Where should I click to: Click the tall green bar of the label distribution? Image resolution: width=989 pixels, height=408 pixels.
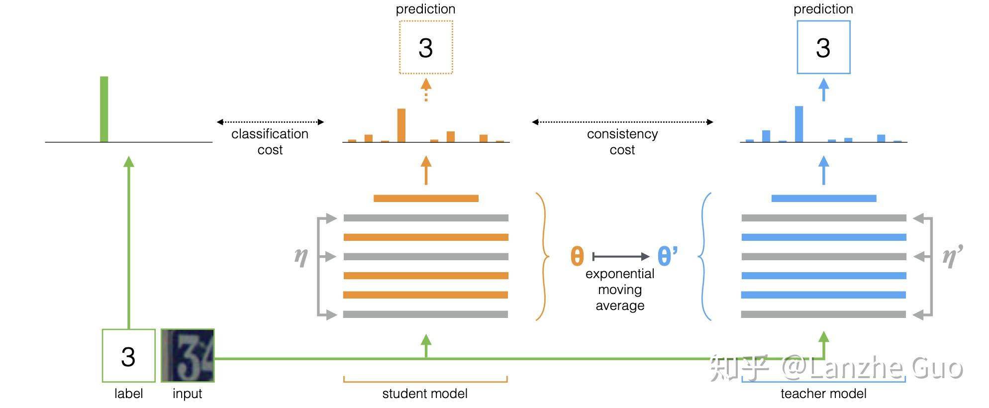104,109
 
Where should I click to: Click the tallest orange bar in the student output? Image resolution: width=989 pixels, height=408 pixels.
401,125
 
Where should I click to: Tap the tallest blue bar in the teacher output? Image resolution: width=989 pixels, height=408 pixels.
799,124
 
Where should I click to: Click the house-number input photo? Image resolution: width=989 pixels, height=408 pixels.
188,356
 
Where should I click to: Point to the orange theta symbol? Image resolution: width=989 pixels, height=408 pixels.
577,256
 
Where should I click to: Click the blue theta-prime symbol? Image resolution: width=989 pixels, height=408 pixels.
667,256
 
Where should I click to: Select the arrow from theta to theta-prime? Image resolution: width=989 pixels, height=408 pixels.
621,257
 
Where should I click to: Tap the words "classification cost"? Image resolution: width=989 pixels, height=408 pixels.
270,142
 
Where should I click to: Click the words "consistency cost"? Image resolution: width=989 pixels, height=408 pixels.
622,142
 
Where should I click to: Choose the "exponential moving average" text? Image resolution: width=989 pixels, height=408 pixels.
620,290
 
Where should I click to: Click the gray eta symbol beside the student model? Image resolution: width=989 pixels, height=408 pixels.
301,257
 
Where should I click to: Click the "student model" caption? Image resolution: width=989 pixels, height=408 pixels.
425,394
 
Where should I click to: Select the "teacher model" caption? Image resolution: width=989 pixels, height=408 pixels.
823,394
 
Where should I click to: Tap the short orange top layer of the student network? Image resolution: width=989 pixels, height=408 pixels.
426,199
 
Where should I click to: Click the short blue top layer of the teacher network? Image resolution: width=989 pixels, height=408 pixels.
824,199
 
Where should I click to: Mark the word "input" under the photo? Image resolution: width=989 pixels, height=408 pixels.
187,394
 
